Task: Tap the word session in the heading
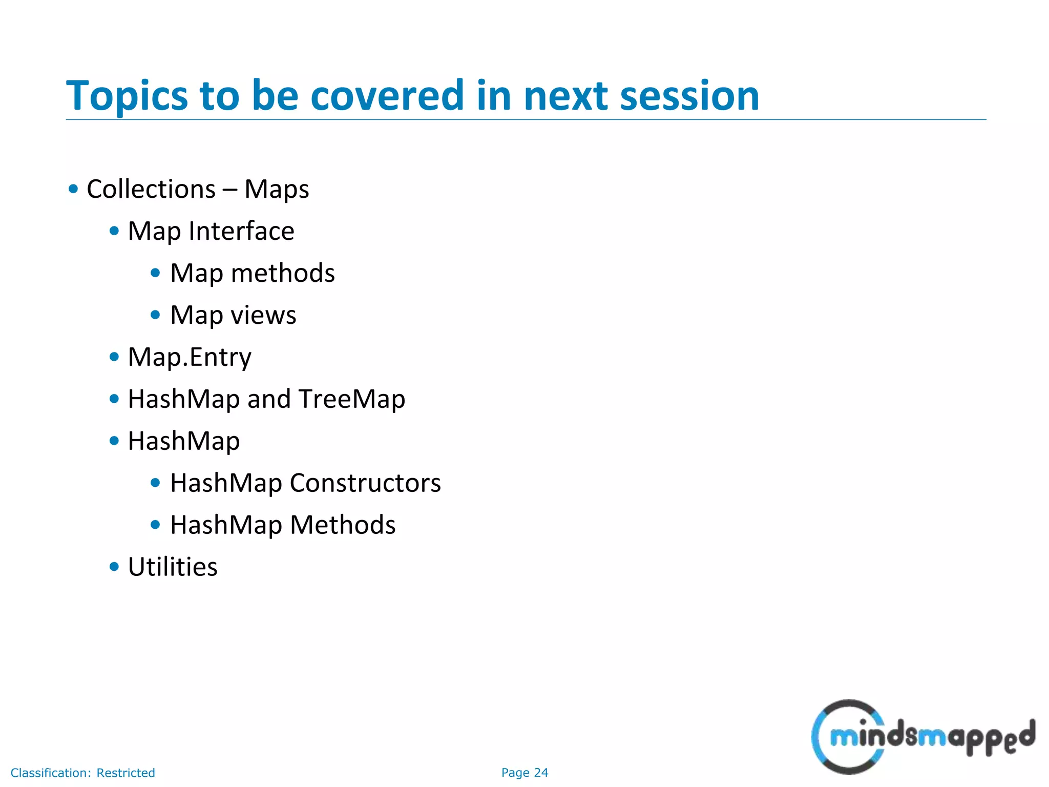coord(689,96)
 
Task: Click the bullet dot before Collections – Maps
coord(73,189)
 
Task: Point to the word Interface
coord(241,231)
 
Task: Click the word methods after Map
coord(283,273)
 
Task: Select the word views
coord(263,315)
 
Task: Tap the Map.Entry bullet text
coord(190,357)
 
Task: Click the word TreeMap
coord(352,399)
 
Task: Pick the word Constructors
coord(365,483)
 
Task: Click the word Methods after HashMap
coord(343,525)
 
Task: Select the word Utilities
coord(173,567)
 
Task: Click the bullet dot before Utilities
coord(114,567)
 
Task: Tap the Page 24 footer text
coord(524,773)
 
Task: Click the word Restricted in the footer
coord(125,773)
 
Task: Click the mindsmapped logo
coord(922,737)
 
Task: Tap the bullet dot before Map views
coord(156,315)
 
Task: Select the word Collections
coord(151,189)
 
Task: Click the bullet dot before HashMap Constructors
coord(156,483)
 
